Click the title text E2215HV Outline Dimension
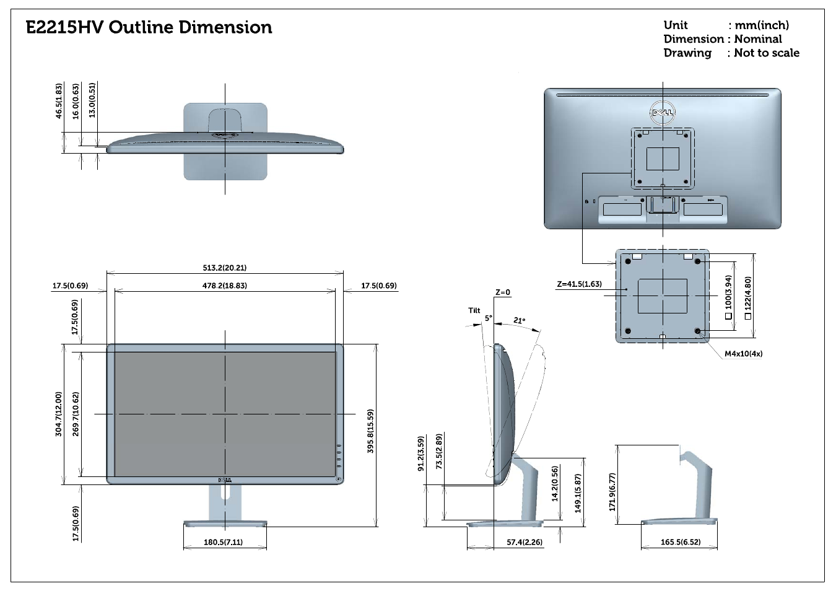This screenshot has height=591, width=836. (149, 27)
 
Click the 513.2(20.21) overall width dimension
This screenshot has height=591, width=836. (225, 268)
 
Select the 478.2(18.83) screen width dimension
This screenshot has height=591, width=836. (225, 286)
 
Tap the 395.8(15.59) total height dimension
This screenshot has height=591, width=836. (370, 431)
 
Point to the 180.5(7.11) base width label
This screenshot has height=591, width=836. (223, 542)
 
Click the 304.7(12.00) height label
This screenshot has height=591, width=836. (59, 414)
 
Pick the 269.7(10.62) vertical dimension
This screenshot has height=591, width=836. (76, 414)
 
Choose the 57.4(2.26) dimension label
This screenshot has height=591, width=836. (525, 542)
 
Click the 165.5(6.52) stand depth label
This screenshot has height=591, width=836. (681, 542)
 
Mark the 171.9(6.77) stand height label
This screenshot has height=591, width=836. (612, 492)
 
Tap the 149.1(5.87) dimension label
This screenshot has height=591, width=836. (578, 493)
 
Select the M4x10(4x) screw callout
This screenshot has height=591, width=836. (744, 354)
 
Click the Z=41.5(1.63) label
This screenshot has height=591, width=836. (579, 284)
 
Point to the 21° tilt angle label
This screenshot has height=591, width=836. (519, 320)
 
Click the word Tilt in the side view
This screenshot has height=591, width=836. (474, 310)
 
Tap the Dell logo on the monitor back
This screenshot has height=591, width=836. (663, 112)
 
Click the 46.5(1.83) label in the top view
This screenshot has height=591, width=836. (59, 101)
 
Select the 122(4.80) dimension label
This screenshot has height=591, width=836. (747, 298)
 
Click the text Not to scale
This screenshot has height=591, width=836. (767, 53)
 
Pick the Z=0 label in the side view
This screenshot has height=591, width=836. (503, 292)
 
